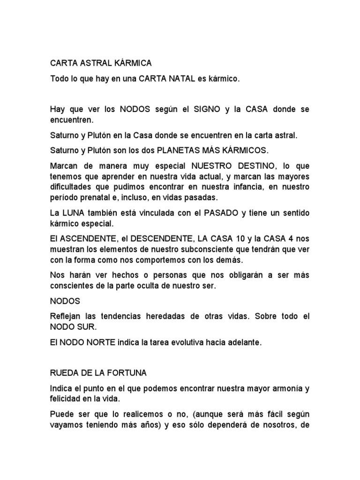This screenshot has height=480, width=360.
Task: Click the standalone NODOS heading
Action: pos(65,300)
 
